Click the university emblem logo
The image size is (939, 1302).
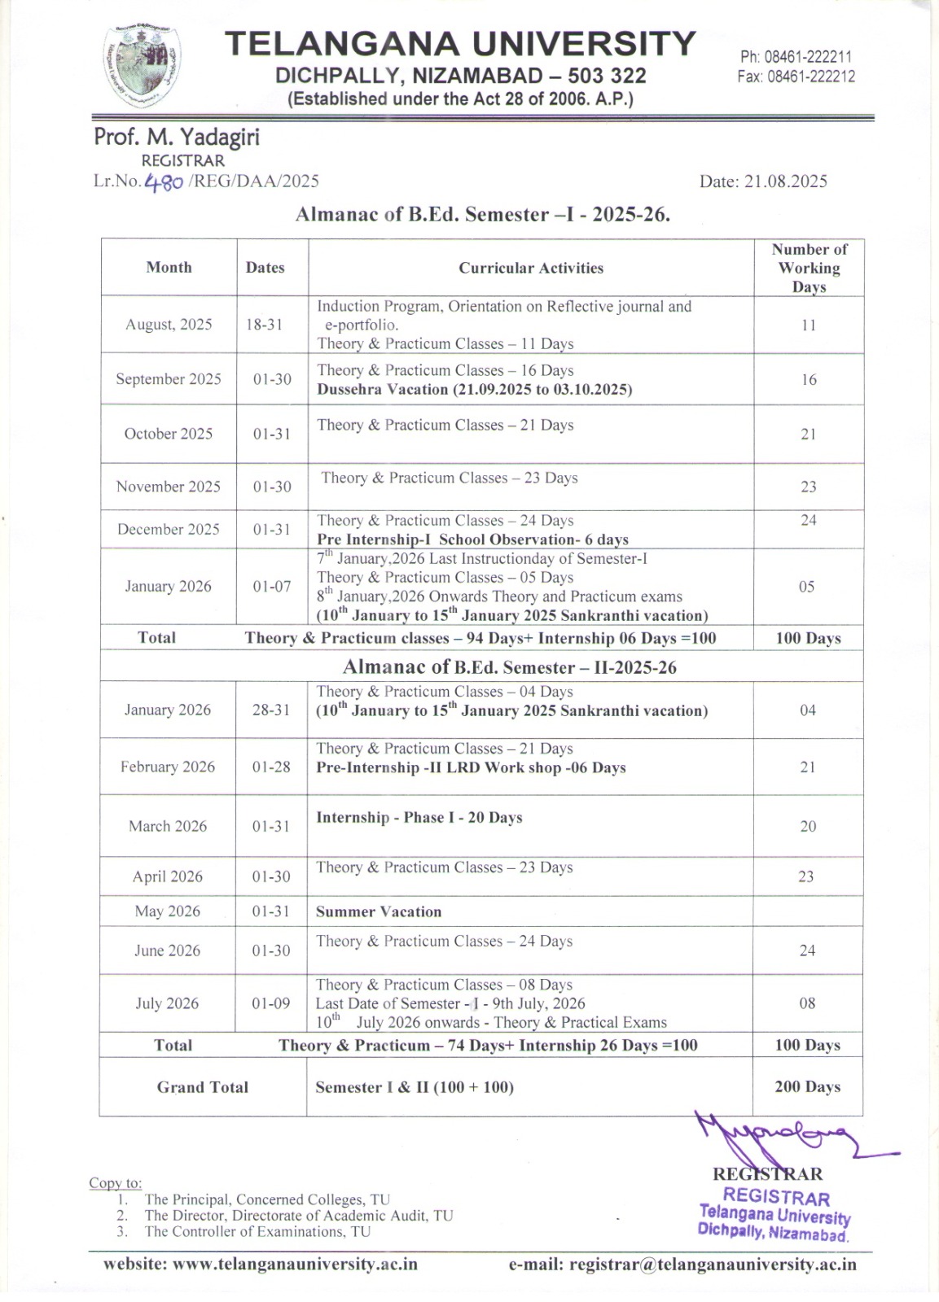pos(143,67)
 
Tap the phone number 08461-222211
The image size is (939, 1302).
pos(796,57)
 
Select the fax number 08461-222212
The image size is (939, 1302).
pos(796,76)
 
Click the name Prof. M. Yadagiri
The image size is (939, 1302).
pos(177,137)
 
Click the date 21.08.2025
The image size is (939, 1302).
pos(763,181)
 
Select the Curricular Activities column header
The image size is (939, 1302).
pos(531,268)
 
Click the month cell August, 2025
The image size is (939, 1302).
pos(169,325)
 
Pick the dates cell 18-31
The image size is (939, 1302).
pos(264,325)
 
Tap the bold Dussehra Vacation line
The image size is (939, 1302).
pos(475,389)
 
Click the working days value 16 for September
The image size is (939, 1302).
pos(808,380)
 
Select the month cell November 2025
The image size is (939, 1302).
pos(169,487)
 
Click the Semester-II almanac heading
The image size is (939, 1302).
pos(510,667)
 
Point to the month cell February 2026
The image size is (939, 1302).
pos(168,767)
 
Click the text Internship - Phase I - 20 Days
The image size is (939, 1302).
pos(419,818)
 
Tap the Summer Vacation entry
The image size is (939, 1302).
pos(379,912)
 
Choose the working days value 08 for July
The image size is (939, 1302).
pos(807,1003)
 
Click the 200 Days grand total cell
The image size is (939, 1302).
pos(807,1087)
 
